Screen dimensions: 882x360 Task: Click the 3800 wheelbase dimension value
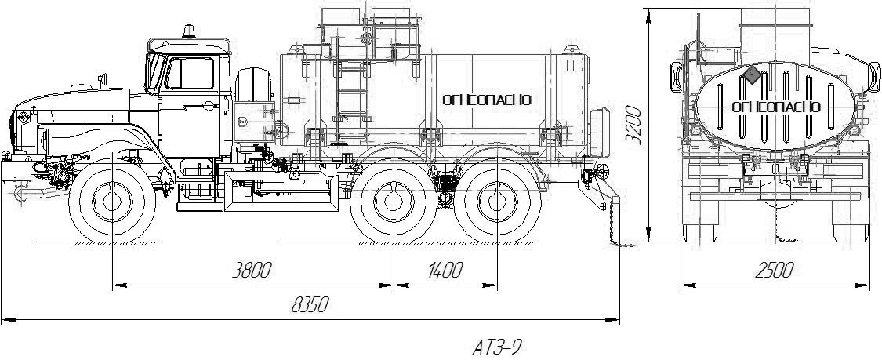point(252,271)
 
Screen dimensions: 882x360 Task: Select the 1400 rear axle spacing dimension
point(445,271)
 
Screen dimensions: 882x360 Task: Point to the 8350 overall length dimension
point(310,305)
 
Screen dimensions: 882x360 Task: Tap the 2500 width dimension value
point(774,271)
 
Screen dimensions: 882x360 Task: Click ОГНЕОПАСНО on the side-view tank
point(487,100)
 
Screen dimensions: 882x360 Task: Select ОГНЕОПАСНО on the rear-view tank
point(776,107)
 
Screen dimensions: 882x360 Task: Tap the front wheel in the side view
point(112,201)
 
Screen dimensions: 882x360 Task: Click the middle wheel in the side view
point(394,201)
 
